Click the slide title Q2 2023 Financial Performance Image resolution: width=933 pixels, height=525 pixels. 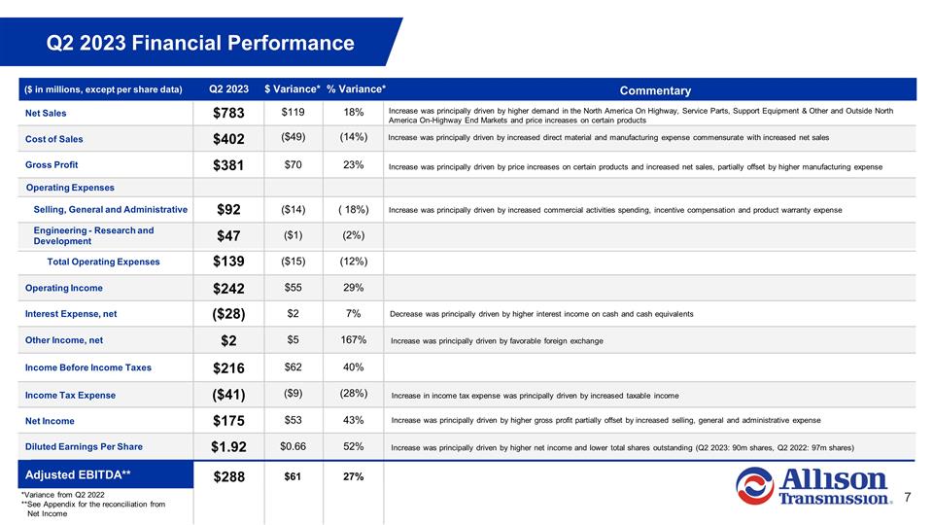coord(202,43)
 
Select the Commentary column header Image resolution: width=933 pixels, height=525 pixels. coord(648,90)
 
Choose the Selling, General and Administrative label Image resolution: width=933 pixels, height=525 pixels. coord(110,209)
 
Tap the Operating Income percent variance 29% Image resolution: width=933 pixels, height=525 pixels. coord(353,288)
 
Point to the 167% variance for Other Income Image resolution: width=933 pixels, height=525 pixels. coord(353,340)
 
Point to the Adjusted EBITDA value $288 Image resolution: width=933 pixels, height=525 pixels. coord(230,476)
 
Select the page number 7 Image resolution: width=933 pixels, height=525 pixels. coord(907,497)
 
